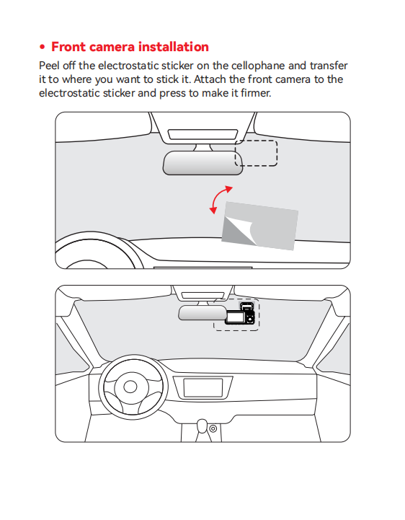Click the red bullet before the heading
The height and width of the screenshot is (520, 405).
[x=42, y=47]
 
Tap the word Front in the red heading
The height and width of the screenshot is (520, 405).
[x=68, y=47]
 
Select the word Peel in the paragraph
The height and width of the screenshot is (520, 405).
[x=50, y=66]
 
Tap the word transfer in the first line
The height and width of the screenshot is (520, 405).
[x=329, y=66]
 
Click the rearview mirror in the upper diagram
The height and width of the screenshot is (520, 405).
[x=202, y=163]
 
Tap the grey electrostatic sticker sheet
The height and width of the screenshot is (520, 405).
[x=260, y=226]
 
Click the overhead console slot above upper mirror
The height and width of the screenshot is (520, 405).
[x=202, y=134]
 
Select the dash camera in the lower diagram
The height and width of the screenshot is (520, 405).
[x=240, y=314]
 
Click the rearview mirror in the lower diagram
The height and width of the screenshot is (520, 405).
[x=202, y=313]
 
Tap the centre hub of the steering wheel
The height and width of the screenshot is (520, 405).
[x=130, y=387]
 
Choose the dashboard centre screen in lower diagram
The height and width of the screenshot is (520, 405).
[x=202, y=387]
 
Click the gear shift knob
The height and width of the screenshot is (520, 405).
[x=202, y=426]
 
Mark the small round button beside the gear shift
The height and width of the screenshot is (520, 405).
[x=213, y=428]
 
